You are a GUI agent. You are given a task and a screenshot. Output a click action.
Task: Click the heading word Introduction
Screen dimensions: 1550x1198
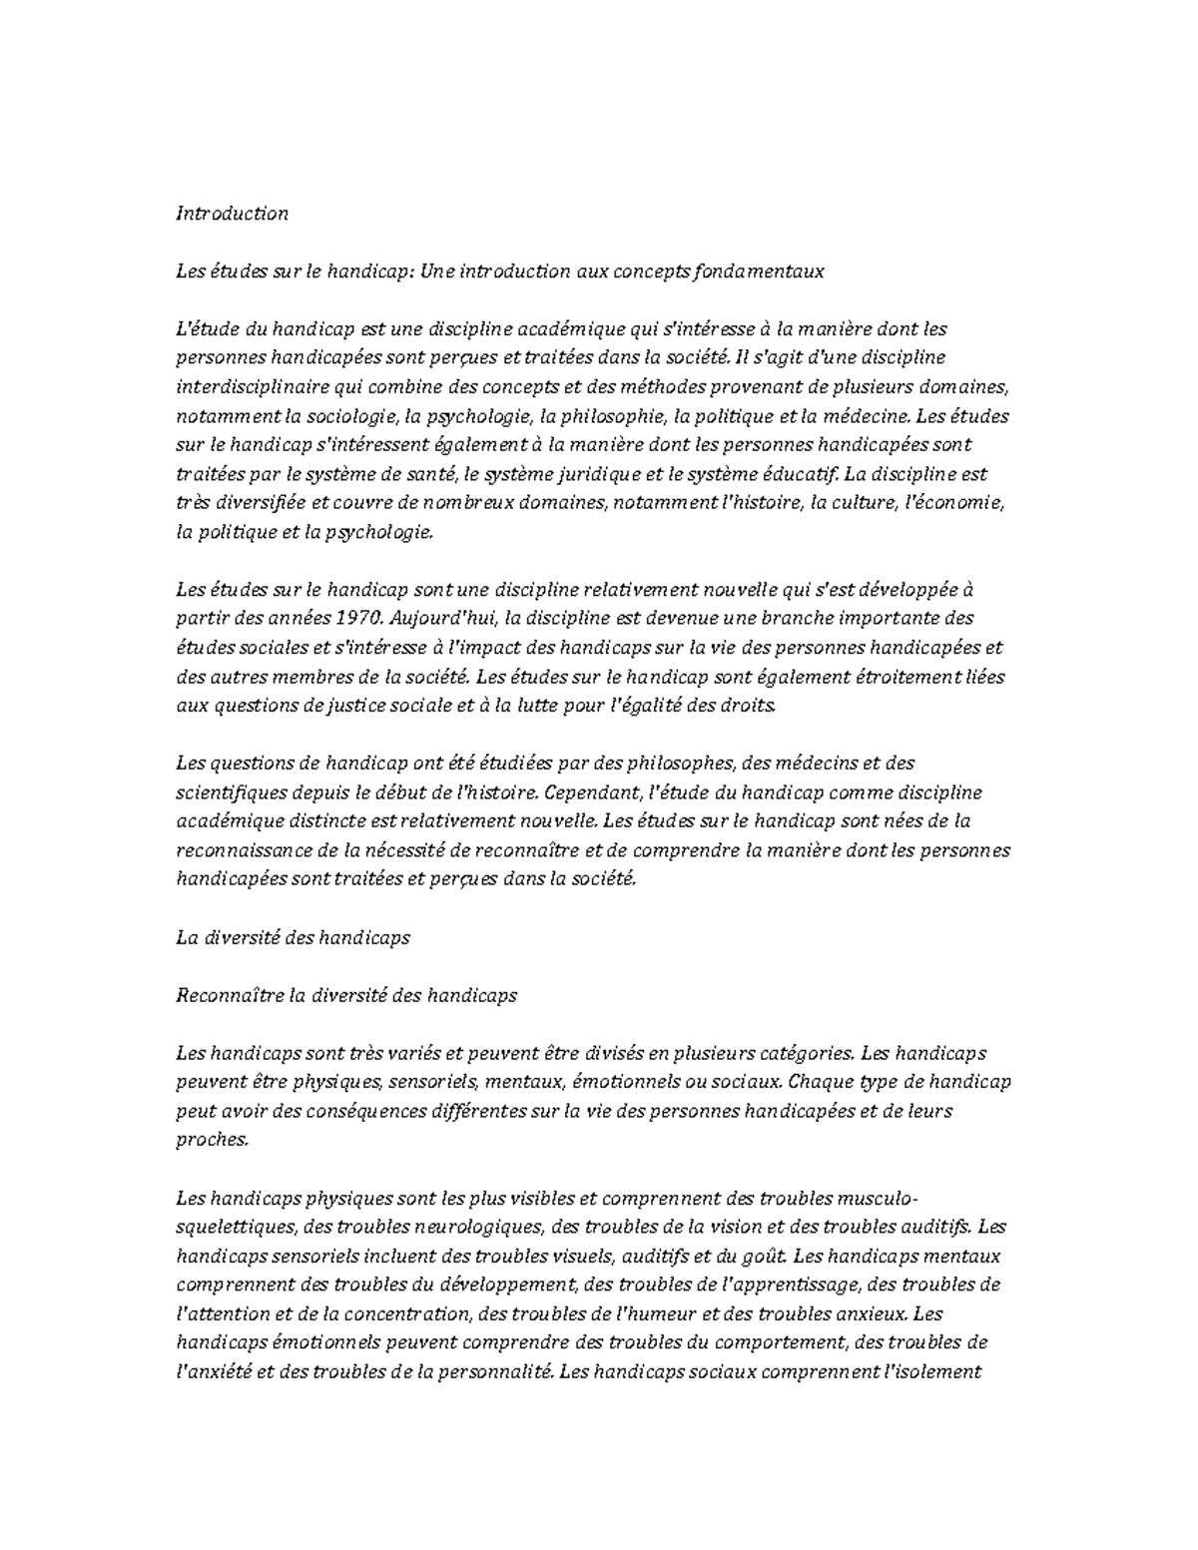(232, 213)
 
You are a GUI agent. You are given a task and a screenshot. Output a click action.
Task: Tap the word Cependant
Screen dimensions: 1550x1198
(594, 792)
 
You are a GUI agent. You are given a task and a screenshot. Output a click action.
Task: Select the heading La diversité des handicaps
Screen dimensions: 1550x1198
(293, 938)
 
